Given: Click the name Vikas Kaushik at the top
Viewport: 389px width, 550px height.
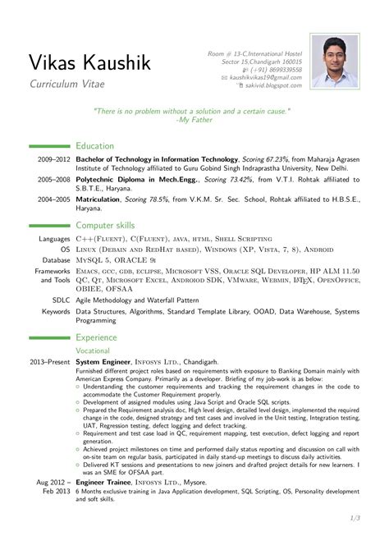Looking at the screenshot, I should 92,62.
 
